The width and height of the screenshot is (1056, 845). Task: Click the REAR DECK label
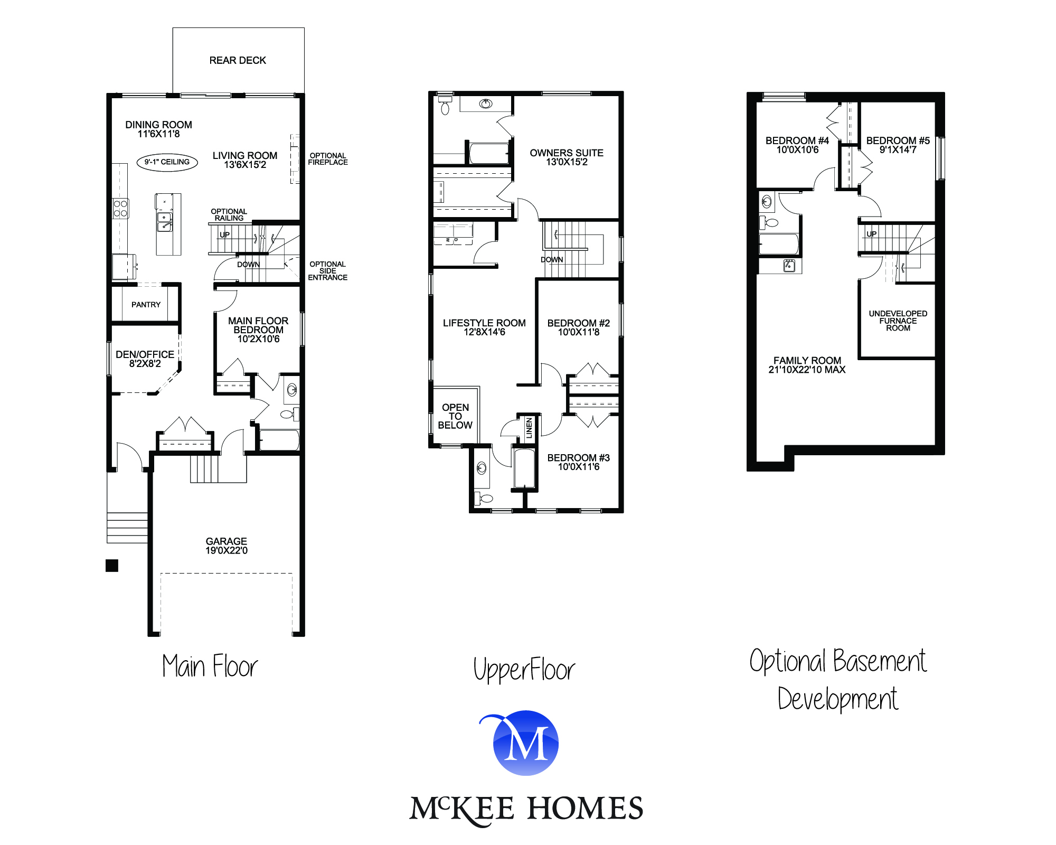[x=238, y=61]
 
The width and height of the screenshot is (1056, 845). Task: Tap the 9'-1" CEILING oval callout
[x=167, y=162]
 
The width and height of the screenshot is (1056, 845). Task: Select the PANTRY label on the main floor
[x=146, y=305]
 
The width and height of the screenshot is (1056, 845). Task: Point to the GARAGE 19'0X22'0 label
[x=227, y=546]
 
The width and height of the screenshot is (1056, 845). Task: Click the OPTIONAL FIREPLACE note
[x=328, y=159]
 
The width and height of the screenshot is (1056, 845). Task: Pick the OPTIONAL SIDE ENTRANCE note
[x=327, y=271]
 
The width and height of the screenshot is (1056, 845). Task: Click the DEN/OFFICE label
[x=145, y=359]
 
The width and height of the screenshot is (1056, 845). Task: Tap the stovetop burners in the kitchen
[x=120, y=209]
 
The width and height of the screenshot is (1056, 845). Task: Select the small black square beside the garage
[x=112, y=566]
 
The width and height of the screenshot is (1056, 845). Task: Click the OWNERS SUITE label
[x=567, y=157]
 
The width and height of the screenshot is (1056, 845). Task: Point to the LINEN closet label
[x=529, y=428]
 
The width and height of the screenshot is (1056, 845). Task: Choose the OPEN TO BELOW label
[x=455, y=416]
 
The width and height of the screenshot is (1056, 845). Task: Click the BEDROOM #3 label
[x=578, y=462]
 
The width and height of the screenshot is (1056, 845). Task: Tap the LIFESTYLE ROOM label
[x=484, y=327]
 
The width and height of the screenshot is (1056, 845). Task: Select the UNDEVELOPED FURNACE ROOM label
[x=898, y=321]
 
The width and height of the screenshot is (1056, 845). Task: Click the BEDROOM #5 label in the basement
[x=898, y=145]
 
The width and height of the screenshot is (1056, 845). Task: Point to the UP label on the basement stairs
[x=872, y=234]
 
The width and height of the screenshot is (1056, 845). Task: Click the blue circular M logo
[x=526, y=743]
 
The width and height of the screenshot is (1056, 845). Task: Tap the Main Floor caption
[x=210, y=666]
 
